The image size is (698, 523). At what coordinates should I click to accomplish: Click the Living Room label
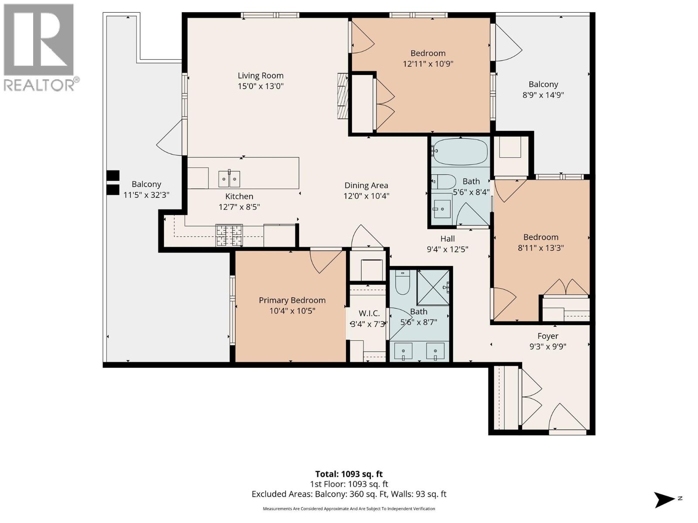tap(260, 76)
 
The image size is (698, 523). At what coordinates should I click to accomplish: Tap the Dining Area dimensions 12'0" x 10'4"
tap(366, 196)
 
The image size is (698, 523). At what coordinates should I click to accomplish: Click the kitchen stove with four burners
tap(229, 235)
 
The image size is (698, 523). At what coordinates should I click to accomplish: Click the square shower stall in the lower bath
tap(433, 287)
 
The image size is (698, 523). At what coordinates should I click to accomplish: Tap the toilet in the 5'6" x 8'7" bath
tap(402, 283)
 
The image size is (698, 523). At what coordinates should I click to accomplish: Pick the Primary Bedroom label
tap(292, 300)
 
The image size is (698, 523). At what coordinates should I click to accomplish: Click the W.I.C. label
tap(369, 313)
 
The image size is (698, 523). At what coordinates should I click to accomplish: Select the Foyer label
tap(547, 336)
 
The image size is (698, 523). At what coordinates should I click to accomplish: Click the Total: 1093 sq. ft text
tap(349, 474)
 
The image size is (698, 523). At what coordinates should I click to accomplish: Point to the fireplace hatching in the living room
tap(343, 96)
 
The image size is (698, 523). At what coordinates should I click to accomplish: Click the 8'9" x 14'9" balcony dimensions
tap(543, 95)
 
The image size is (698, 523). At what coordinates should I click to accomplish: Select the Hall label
tap(447, 239)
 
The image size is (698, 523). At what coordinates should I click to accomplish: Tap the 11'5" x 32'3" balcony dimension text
tap(146, 195)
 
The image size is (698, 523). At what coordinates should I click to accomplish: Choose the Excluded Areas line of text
tap(349, 494)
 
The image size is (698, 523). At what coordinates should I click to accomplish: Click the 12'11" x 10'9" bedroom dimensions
tap(428, 64)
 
